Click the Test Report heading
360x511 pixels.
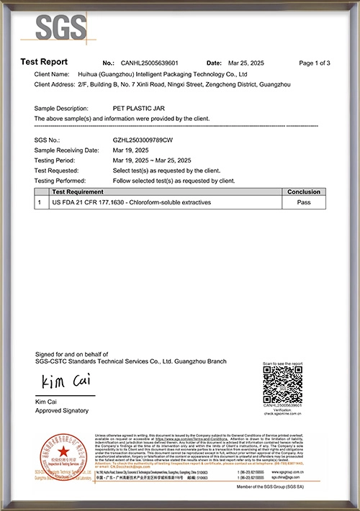44,63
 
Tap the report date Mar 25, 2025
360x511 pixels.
248,63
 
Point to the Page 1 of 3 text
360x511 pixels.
314,63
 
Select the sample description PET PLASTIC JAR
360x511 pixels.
136,107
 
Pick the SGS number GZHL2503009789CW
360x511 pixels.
143,140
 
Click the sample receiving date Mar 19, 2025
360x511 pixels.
130,150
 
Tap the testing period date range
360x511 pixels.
151,160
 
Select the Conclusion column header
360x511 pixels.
304,192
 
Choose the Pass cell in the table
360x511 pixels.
304,203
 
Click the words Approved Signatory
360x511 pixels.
62,410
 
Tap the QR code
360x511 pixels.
282,384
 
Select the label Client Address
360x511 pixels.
54,84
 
